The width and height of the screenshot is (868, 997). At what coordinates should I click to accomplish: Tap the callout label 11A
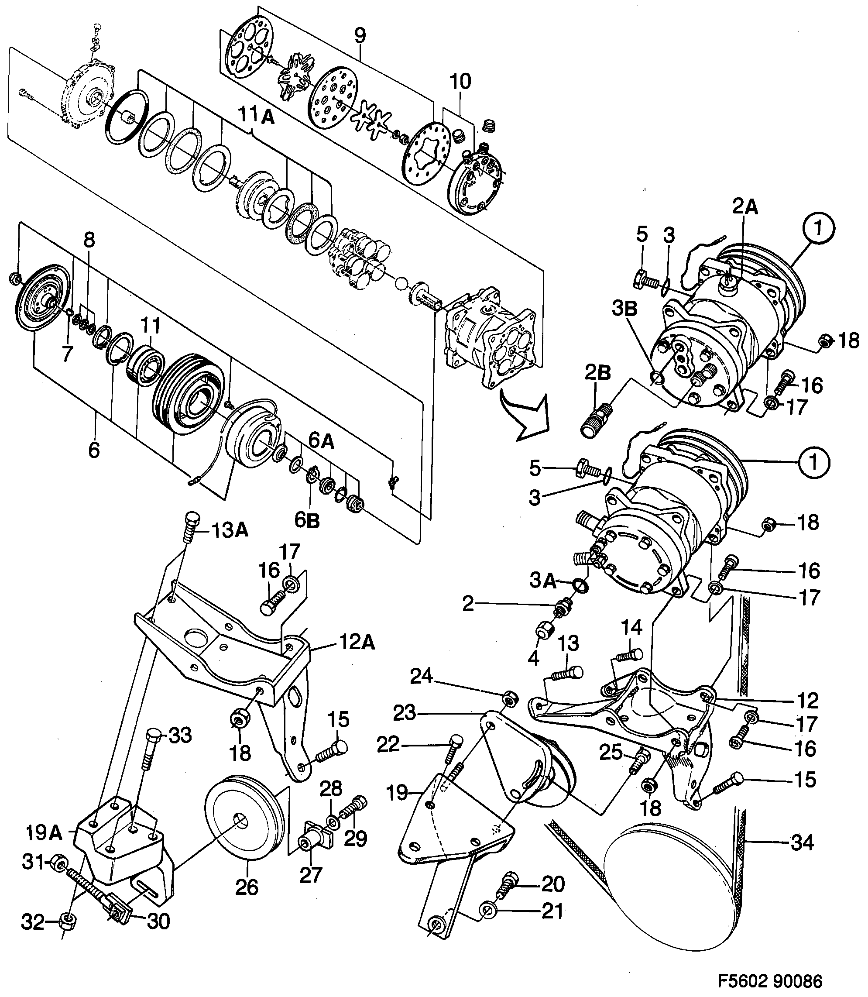coord(256,116)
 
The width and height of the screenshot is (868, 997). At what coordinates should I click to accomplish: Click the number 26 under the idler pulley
coord(247,887)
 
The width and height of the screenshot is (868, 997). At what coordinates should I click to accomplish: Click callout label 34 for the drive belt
coord(802,842)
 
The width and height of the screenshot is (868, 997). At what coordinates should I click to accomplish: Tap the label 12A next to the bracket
coord(357,643)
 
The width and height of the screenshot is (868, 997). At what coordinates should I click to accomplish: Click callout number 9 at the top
coord(360,35)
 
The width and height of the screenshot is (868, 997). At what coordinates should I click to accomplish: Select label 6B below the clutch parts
coord(307,520)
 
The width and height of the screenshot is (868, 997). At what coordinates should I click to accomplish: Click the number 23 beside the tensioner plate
coord(405,713)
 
